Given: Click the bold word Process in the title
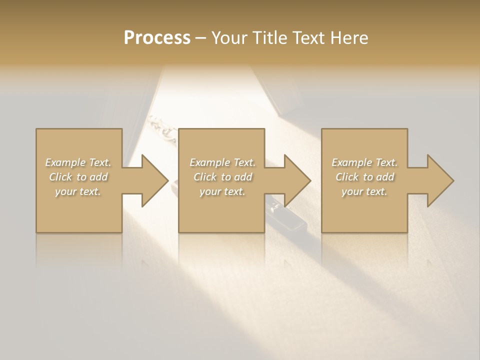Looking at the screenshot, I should click(157, 38).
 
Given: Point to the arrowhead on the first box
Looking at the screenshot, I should click(153, 180).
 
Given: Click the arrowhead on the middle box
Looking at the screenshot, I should click(295, 180).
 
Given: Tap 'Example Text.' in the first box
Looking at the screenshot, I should click(78, 162).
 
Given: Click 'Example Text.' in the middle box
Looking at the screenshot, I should click(222, 162).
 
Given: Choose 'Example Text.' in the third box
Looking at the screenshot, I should click(364, 162).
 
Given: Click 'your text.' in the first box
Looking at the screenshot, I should click(78, 191).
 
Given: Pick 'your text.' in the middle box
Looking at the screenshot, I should click(222, 191).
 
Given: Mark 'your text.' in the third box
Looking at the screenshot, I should click(364, 191).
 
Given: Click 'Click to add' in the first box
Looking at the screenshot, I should click(78, 177).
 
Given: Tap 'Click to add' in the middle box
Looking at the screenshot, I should click(222, 177).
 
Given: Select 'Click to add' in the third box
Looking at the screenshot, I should click(364, 177).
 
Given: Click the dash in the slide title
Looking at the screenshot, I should click(200, 38).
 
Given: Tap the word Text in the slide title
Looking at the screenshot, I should click(307, 38).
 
